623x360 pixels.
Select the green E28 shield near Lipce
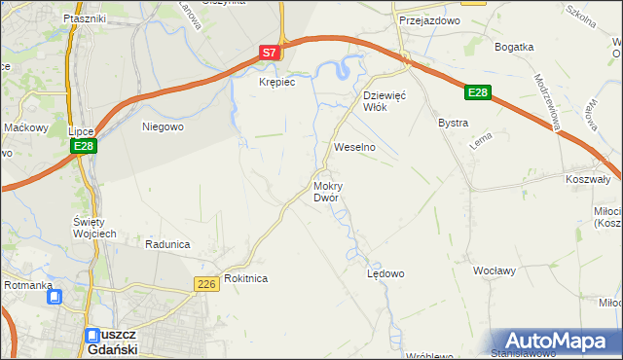[84, 146]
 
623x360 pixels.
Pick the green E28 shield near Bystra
[476, 92]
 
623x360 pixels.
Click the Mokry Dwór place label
[326, 192]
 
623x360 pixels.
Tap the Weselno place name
[354, 147]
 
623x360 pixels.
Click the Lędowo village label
[385, 273]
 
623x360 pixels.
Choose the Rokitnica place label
[245, 278]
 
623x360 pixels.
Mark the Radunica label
[165, 244]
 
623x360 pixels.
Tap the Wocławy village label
[493, 270]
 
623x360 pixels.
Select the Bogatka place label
[514, 47]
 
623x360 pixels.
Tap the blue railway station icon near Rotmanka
[55, 298]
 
